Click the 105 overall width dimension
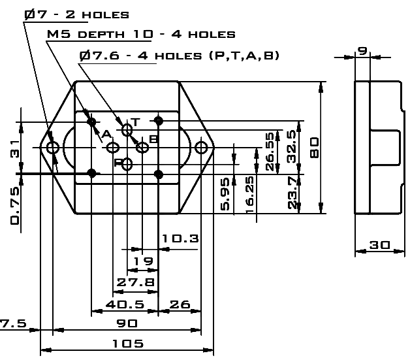click(x=128, y=344)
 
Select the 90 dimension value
click(x=127, y=323)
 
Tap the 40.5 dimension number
click(x=125, y=304)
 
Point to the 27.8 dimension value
click(x=135, y=282)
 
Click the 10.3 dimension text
click(x=180, y=238)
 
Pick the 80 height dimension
click(x=315, y=148)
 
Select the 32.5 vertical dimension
click(x=292, y=146)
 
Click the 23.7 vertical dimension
click(x=292, y=193)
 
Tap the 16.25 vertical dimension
click(x=249, y=195)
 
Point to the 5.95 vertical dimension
click(x=225, y=194)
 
